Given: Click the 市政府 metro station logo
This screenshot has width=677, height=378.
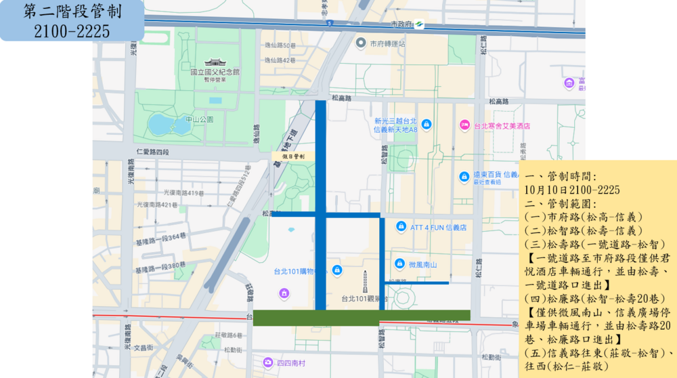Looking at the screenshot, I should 420,24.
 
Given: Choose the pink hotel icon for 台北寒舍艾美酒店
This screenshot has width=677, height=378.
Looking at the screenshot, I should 464,125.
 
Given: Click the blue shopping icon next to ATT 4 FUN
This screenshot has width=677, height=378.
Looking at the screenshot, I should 401,226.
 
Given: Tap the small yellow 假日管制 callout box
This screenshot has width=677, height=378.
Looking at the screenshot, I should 293,156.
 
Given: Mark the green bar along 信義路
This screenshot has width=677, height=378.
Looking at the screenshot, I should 361,317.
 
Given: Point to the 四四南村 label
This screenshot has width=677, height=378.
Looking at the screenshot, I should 290,363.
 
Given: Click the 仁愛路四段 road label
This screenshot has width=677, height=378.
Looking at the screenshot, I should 152,151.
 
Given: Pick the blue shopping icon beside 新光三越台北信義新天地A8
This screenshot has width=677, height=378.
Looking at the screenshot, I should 427,125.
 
